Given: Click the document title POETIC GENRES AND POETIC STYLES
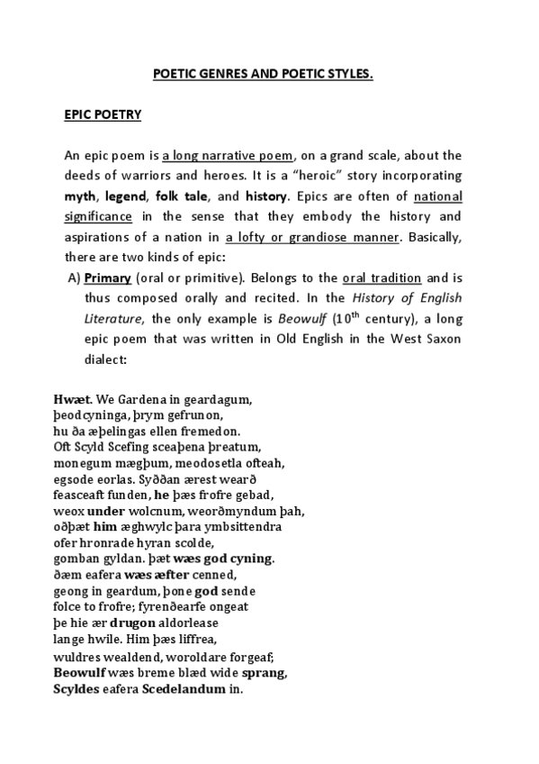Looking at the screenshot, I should (x=262, y=75).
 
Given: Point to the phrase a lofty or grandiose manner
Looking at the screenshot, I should (x=312, y=237).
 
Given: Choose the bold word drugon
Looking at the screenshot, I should (x=131, y=623).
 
